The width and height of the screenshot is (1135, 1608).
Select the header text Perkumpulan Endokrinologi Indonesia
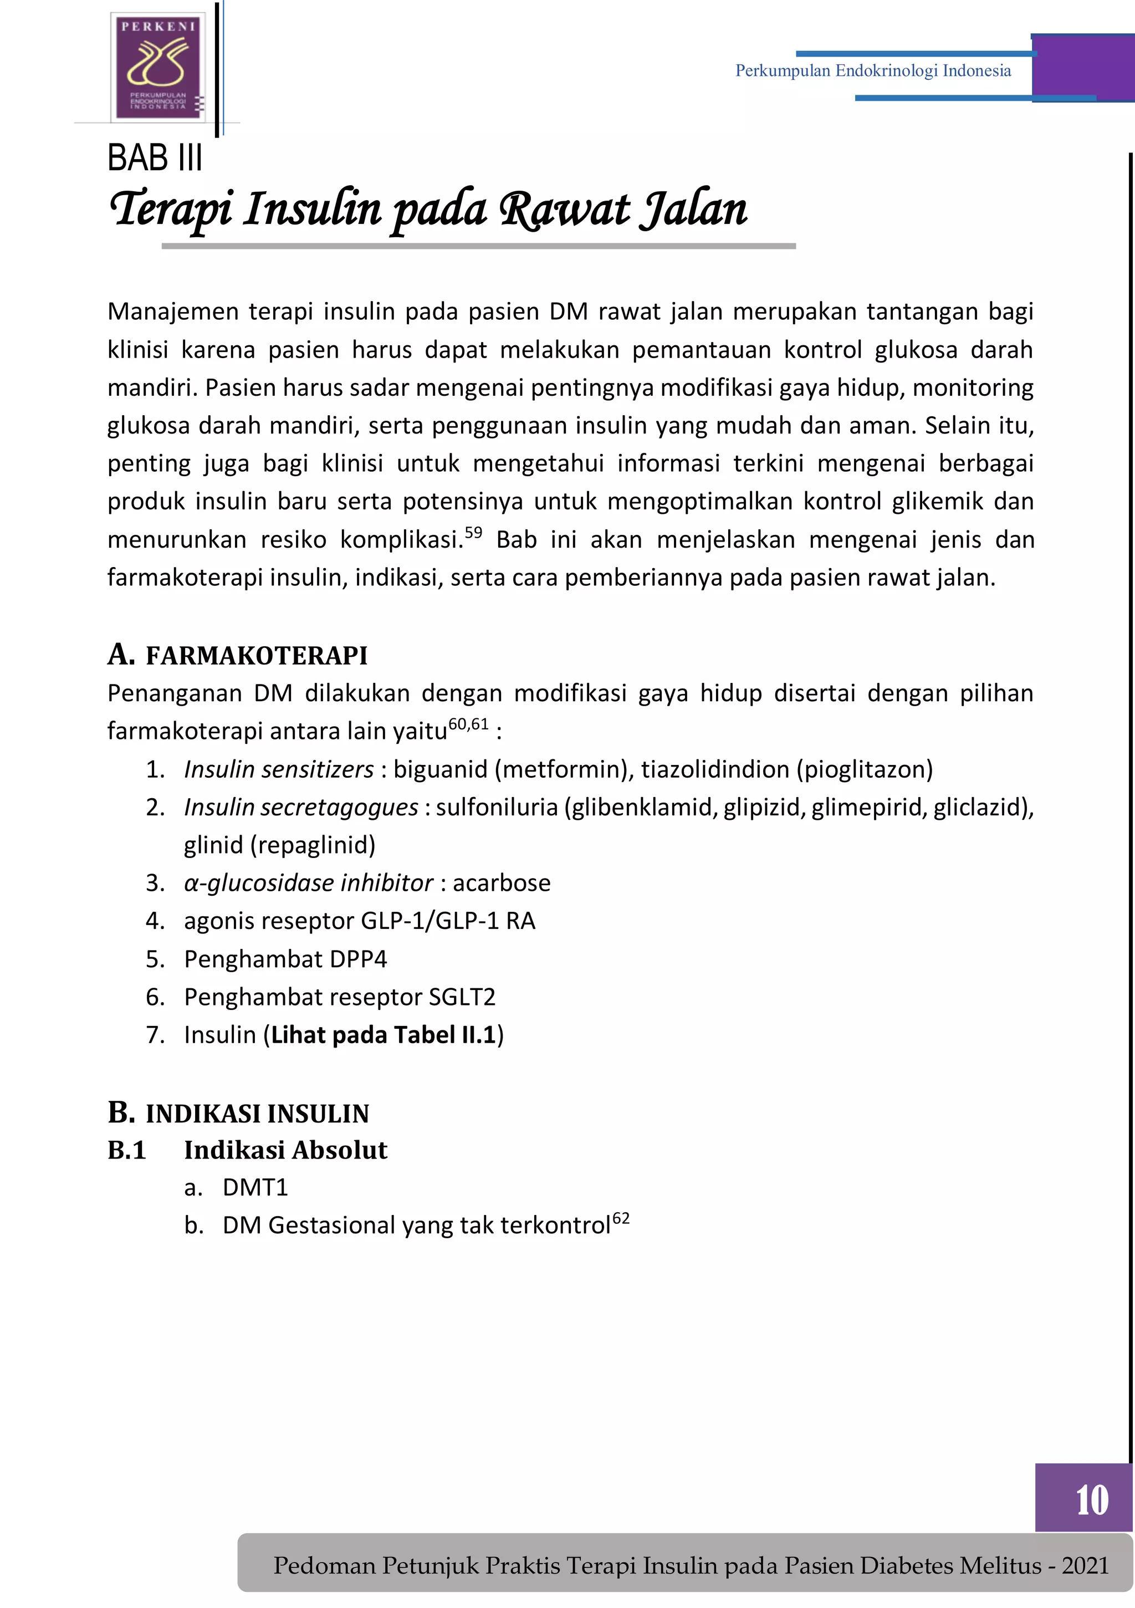tap(872, 71)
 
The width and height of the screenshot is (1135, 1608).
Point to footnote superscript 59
tap(473, 532)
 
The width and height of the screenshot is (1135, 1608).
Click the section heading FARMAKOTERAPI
tap(256, 656)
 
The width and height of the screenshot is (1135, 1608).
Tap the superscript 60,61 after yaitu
tap(468, 723)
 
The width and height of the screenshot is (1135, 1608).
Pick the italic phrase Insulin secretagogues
tap(301, 807)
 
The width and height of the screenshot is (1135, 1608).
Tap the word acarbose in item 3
tap(502, 882)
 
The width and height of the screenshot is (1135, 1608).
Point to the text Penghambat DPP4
tap(285, 959)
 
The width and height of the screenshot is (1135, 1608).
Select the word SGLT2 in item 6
tap(462, 997)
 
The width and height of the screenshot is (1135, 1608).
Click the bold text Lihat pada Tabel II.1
tap(383, 1034)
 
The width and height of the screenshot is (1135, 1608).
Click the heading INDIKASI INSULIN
tap(257, 1114)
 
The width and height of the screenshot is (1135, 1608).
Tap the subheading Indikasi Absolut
tap(285, 1150)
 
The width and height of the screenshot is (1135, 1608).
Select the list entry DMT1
tap(255, 1187)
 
